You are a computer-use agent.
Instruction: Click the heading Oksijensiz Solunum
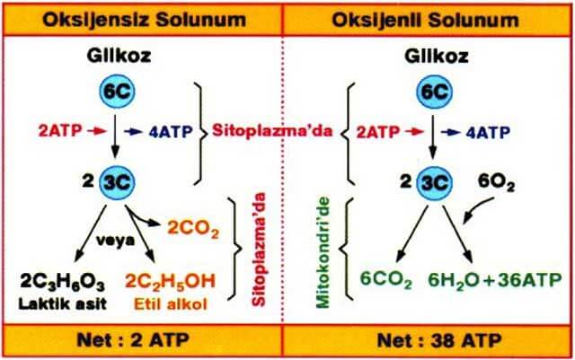pos(144,20)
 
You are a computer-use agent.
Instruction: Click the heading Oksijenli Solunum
pos(425,20)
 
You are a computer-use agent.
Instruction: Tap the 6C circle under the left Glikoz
pos(117,92)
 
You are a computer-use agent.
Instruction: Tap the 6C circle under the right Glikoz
pos(434,92)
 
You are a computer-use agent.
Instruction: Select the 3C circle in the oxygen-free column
pos(117,183)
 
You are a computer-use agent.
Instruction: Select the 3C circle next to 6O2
pos(434,183)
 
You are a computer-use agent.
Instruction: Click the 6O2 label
pos(496,183)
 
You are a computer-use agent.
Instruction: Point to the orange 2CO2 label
pos(193,229)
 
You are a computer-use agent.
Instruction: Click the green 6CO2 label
pos(385,281)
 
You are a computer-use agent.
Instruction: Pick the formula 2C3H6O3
pos(63,283)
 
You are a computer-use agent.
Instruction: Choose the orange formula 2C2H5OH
pos(170,282)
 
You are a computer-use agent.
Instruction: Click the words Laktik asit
pos(63,303)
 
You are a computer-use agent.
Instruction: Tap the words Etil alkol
pos(171,304)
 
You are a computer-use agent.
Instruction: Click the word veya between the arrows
pos(115,241)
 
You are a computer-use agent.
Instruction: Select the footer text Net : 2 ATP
pos(133,340)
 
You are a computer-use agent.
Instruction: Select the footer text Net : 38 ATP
pos(439,341)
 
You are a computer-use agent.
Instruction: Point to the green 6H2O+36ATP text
pos(495,280)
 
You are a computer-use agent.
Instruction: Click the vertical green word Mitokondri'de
pos(323,252)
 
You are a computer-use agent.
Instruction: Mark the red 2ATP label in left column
pos(60,131)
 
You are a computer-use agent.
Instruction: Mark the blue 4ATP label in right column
pos(488,132)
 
